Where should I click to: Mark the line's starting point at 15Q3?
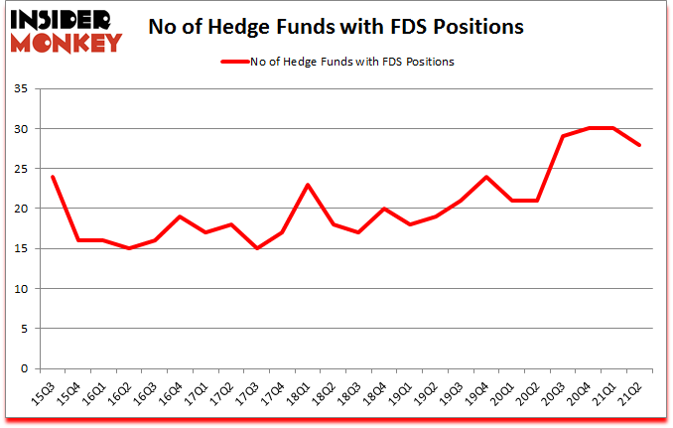coord(52,177)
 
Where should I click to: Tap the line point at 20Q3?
coord(564,137)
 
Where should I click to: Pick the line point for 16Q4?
coord(180,216)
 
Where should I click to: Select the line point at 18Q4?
coord(384,209)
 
